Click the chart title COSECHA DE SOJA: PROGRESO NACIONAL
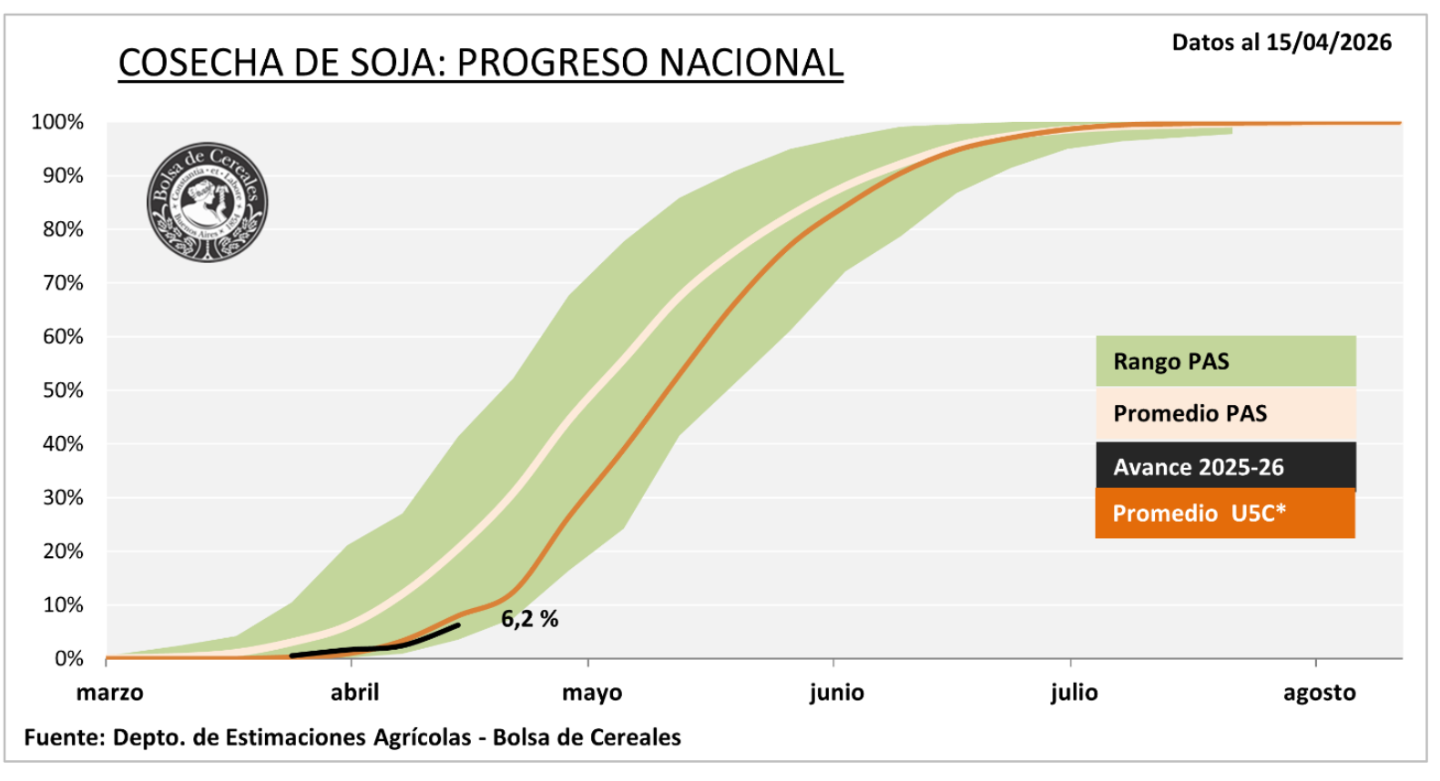tap(480, 63)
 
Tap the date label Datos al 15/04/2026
tap(1281, 43)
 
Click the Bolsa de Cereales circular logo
tap(208, 202)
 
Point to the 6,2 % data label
tap(529, 619)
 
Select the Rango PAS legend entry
tap(1225, 361)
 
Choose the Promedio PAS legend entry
tap(1225, 414)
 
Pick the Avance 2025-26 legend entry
tap(1225, 467)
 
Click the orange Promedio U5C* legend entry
tap(1225, 513)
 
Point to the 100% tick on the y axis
tap(57, 122)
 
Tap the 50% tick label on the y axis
tap(62, 390)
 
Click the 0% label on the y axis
tap(68, 658)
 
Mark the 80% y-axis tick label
tap(62, 229)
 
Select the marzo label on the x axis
tap(109, 693)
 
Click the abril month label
tap(354, 693)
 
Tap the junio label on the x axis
tap(836, 693)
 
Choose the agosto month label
tap(1319, 693)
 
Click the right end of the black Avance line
tap(457, 625)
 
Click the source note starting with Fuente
tap(352, 737)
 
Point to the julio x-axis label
tap(1074, 693)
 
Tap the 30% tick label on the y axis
tap(62, 498)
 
